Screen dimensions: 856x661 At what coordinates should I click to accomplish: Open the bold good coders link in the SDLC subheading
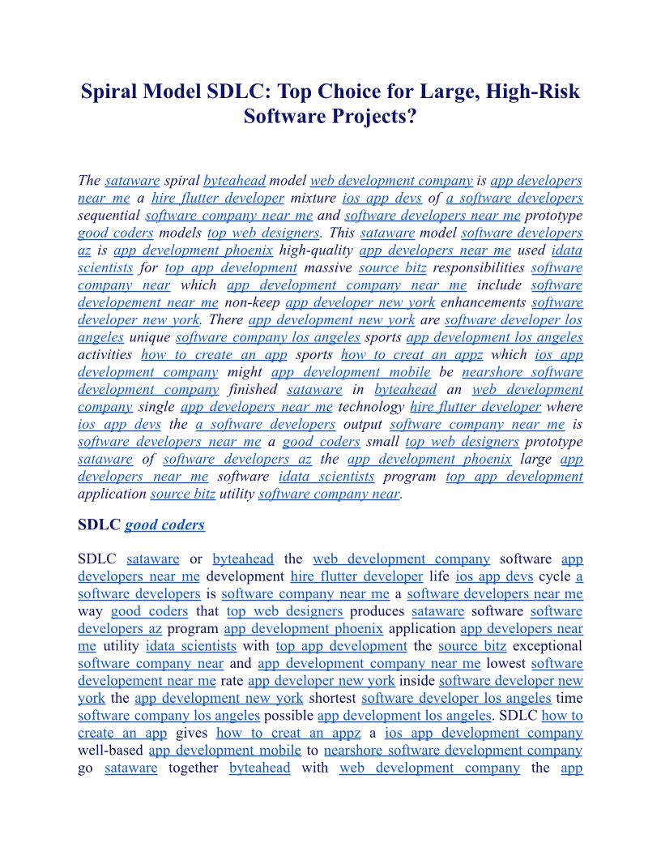(164, 524)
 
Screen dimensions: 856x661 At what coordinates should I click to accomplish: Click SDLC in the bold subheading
(99, 524)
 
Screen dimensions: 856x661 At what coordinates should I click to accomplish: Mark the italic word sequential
(109, 216)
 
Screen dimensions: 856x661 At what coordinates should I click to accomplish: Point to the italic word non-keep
(254, 302)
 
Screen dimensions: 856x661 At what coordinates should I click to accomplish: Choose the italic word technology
(372, 407)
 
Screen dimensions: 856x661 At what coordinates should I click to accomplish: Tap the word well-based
(110, 751)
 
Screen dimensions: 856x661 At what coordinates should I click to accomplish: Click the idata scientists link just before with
(191, 646)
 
